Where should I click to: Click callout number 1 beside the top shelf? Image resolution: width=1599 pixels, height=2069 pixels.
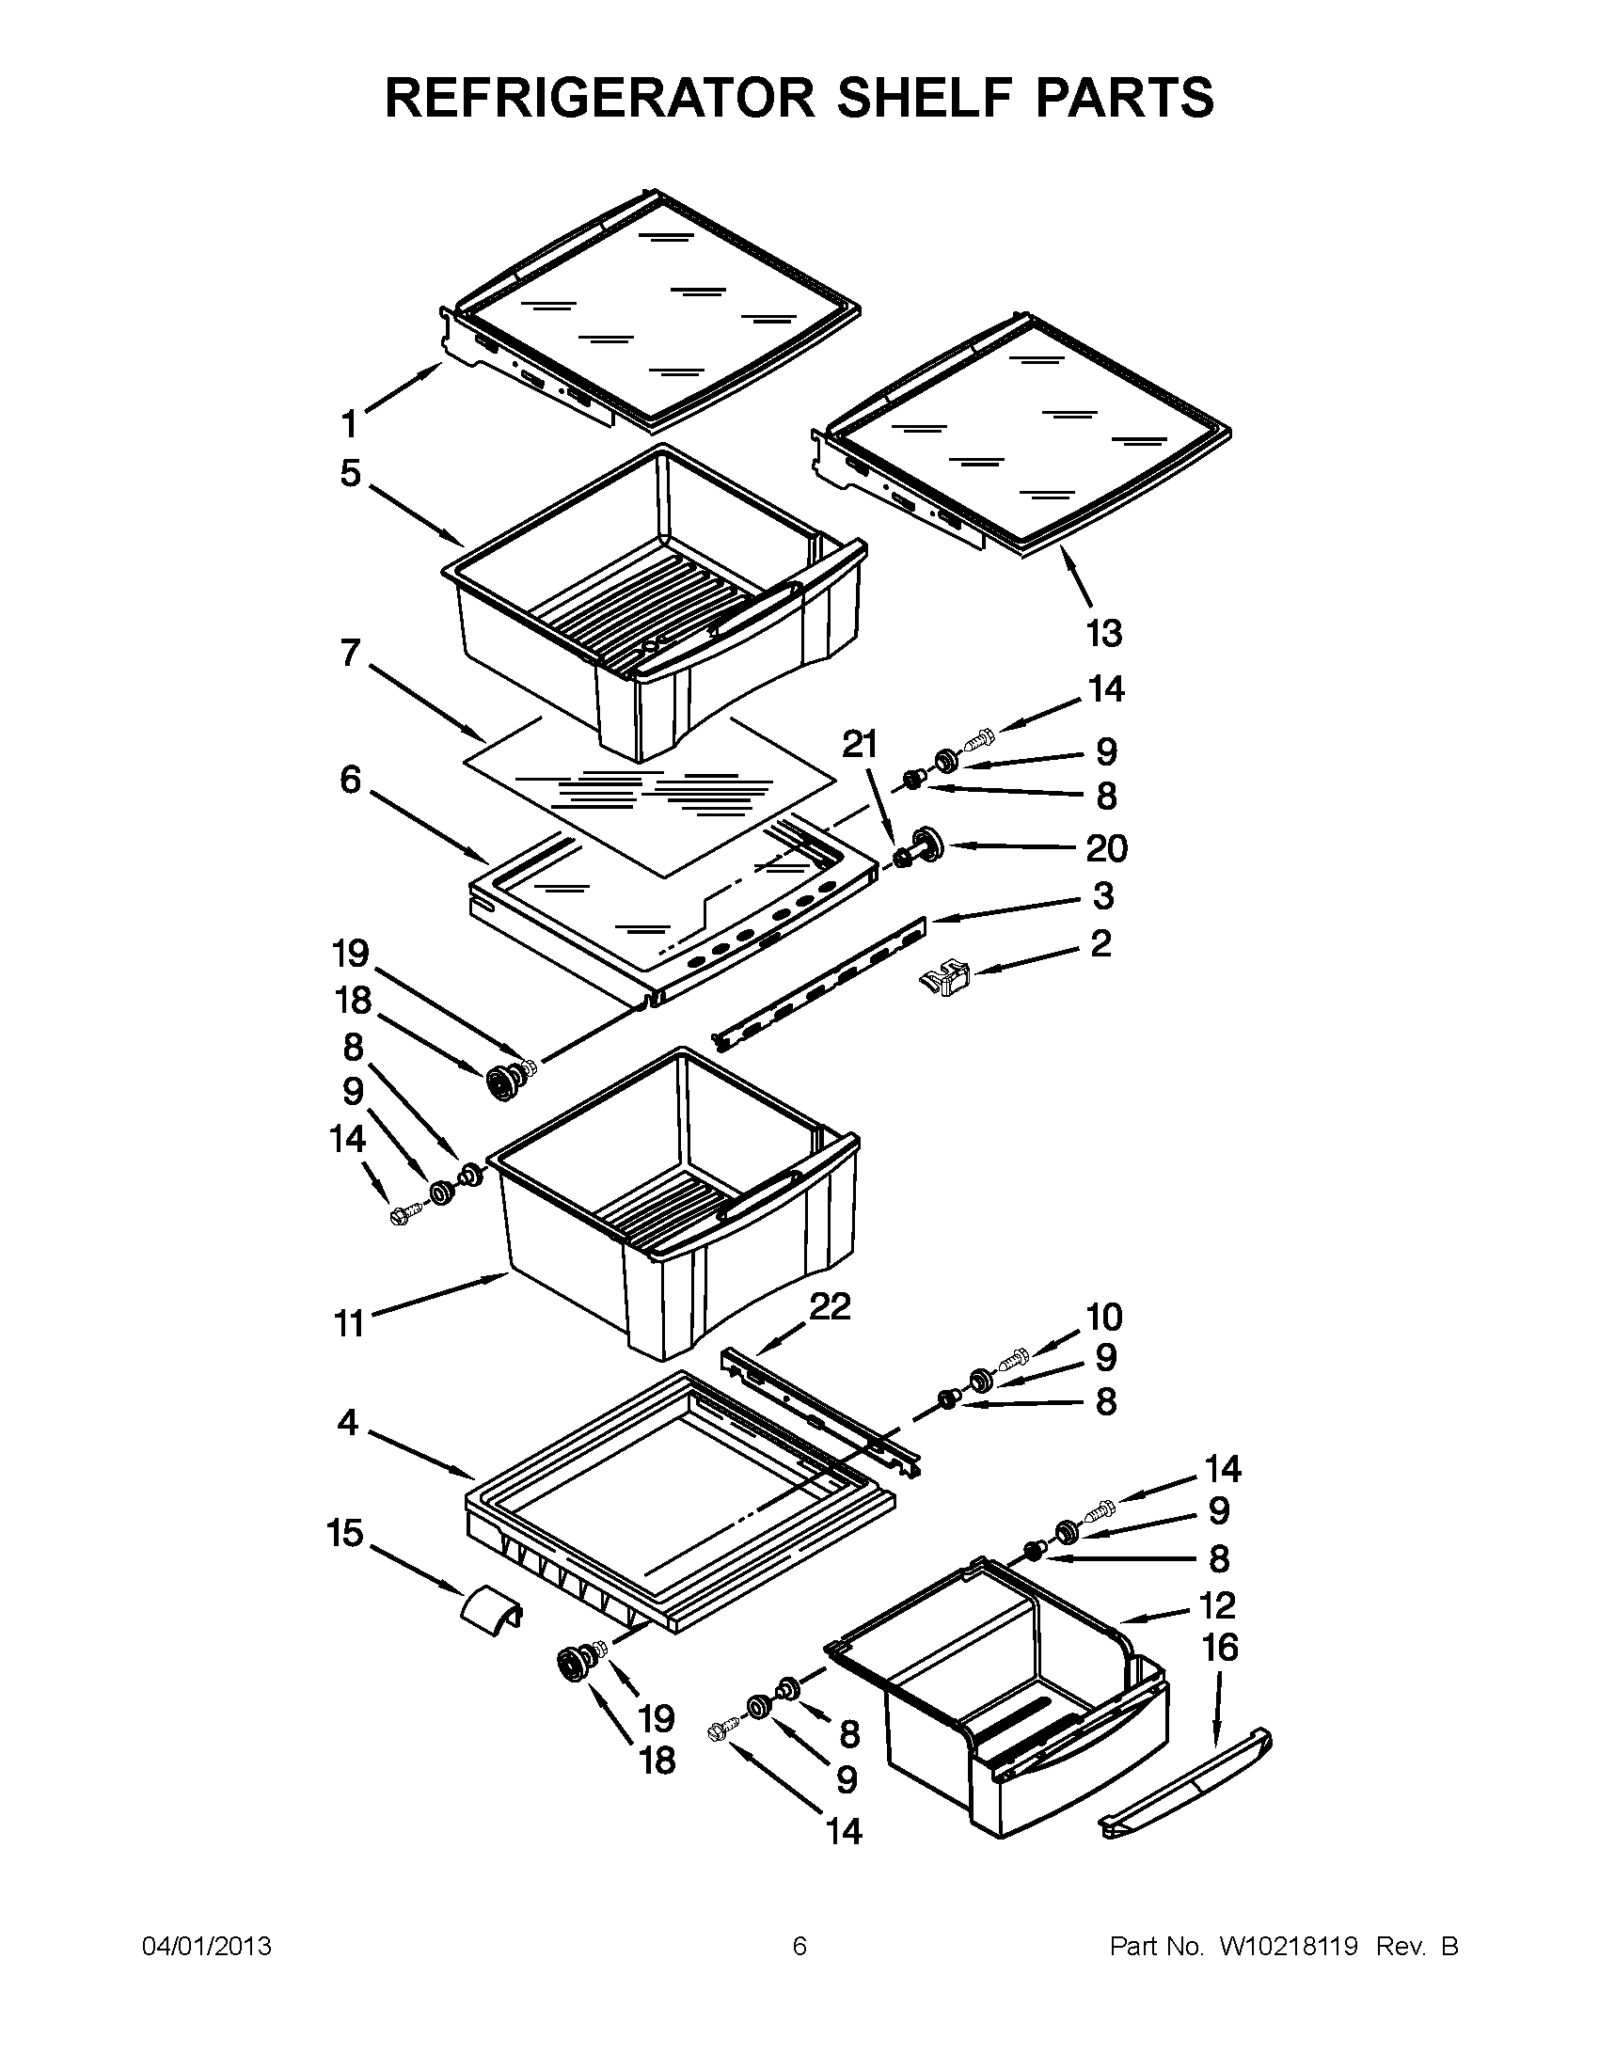[x=350, y=423]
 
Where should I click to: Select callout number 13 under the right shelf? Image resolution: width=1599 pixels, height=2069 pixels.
[x=1103, y=633]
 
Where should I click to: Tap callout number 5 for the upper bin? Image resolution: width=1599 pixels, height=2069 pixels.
[x=351, y=473]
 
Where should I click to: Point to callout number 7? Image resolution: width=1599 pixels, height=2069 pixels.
[x=351, y=653]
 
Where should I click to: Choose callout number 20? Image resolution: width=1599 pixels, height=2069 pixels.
[x=1105, y=848]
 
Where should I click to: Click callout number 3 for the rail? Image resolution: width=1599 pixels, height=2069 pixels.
[x=1102, y=895]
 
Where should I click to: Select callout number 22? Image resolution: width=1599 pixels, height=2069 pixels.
[x=830, y=1307]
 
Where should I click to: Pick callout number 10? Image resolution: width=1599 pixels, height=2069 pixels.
[x=1103, y=1317]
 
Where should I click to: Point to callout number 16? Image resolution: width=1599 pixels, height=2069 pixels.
[x=1219, y=1649]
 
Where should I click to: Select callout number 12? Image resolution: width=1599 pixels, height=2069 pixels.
[x=1217, y=1604]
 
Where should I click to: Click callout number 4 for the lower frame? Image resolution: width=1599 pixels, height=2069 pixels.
[x=348, y=1422]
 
